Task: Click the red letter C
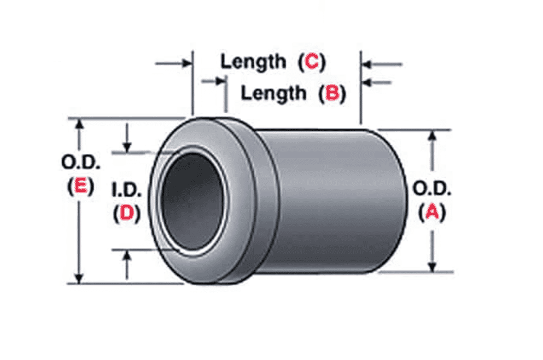click(x=312, y=62)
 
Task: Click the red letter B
click(x=332, y=94)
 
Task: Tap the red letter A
click(x=432, y=212)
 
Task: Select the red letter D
click(x=127, y=213)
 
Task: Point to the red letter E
click(x=80, y=187)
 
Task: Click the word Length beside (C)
click(x=253, y=61)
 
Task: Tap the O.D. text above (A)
click(x=432, y=189)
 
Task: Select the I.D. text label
click(x=127, y=190)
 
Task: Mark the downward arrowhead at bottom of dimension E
click(x=80, y=278)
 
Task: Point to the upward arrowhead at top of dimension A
click(x=432, y=135)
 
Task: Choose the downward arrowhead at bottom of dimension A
click(x=432, y=266)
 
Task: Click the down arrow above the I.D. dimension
click(x=127, y=147)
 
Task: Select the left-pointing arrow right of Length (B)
click(x=367, y=83)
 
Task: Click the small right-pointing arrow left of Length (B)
click(x=220, y=81)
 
